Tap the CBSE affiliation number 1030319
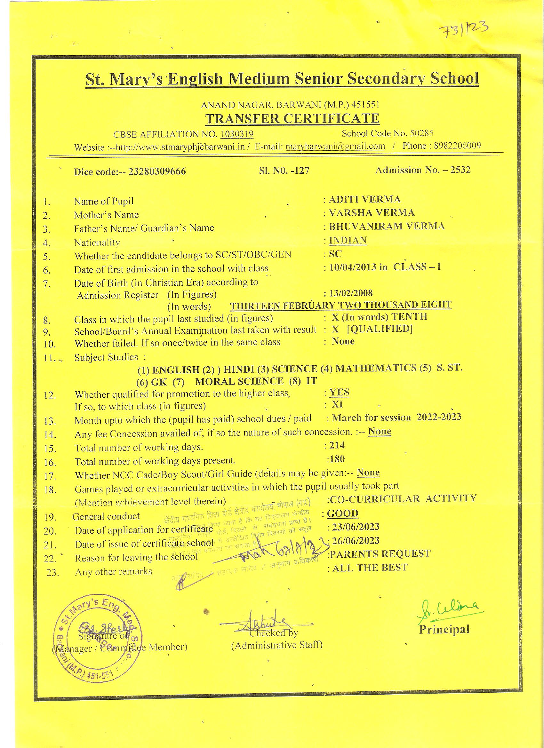point(237,134)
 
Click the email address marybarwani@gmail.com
point(335,146)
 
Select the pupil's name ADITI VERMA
point(364,199)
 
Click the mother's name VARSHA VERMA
point(372,212)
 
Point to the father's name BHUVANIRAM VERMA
point(387,226)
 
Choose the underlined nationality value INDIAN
point(348,240)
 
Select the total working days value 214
point(337,445)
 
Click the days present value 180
point(337,458)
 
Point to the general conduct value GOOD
point(342,513)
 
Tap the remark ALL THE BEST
point(370,568)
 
